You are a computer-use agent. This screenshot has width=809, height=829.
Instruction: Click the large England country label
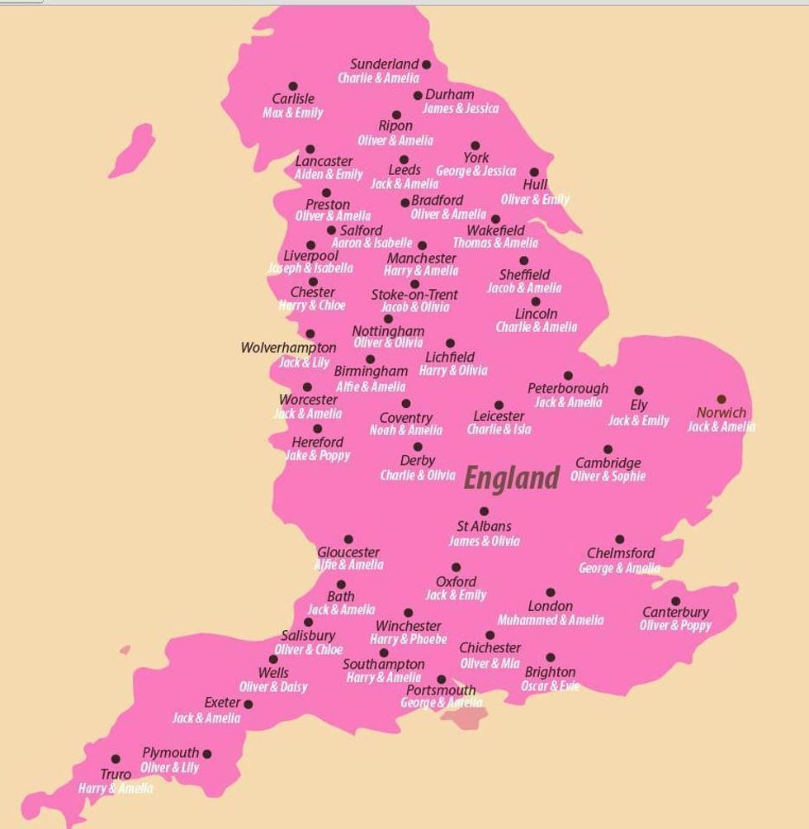(511, 478)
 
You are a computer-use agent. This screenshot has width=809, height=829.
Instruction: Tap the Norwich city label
(721, 413)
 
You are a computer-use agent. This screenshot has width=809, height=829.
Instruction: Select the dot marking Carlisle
(293, 86)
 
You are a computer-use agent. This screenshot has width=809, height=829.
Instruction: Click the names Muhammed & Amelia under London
(550, 620)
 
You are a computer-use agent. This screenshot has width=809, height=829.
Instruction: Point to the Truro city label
(116, 775)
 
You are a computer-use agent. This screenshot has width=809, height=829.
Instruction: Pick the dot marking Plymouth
(207, 753)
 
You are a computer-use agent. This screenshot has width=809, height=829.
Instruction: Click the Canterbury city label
(675, 613)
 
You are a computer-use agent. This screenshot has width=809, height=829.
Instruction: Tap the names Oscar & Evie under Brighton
(550, 686)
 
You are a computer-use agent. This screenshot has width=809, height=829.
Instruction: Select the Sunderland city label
(385, 64)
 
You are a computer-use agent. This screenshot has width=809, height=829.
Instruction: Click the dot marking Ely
(638, 391)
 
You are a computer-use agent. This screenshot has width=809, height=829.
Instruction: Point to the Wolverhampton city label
(288, 348)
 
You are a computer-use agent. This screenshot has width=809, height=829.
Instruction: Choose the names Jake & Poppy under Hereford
(318, 456)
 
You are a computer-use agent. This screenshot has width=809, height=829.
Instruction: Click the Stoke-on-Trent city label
(414, 295)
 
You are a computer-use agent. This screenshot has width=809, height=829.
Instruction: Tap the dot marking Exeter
(248, 704)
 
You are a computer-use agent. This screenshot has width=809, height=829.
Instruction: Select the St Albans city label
(484, 527)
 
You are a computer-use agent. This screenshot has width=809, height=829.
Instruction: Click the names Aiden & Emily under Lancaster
(329, 175)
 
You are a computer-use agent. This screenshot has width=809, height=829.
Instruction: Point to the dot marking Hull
(533, 173)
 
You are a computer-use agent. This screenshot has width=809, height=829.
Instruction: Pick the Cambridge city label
(608, 463)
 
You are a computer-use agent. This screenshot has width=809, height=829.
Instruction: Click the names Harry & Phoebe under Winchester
(408, 639)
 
